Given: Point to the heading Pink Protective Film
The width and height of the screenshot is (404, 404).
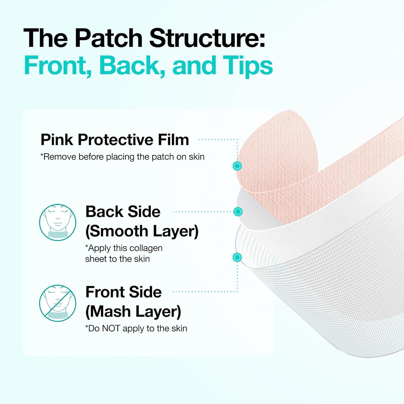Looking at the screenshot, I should coord(115,140).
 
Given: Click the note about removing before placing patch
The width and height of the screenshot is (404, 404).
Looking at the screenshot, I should coord(122,157).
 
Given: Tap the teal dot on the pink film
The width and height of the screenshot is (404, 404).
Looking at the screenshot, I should coord(237,166).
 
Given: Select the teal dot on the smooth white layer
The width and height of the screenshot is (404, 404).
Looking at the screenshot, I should coord(238,212).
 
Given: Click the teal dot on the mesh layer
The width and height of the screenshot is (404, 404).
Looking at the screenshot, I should coord(237,257).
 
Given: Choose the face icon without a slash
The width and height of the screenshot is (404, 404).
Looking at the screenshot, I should coord(58,222).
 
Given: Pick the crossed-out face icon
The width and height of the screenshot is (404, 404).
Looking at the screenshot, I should coord(58,303).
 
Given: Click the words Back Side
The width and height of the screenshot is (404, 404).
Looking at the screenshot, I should coord(123,212).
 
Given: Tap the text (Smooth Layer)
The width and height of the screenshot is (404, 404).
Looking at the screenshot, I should coord(142,231).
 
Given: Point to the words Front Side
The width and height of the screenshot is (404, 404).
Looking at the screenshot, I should coord(123,292).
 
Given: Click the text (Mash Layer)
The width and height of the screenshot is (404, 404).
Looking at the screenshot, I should coord(133,311).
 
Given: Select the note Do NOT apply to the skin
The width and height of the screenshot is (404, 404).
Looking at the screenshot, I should coord(136,328).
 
